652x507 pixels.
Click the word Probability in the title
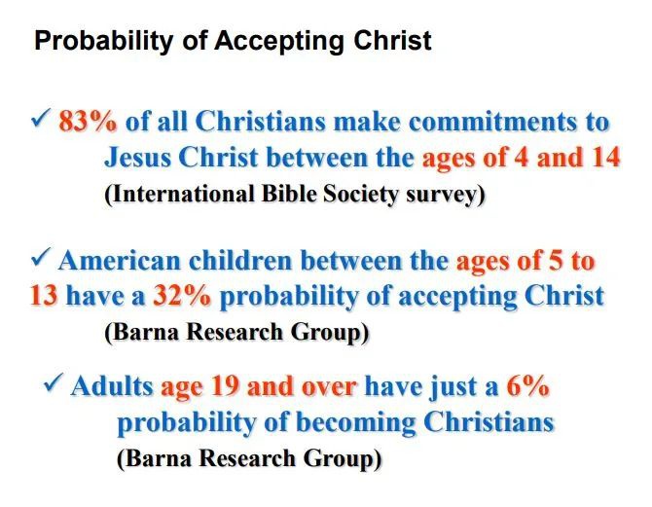tap(103, 41)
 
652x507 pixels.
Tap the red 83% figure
tap(88, 122)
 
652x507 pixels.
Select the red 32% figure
tap(182, 296)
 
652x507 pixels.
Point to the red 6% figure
tap(527, 386)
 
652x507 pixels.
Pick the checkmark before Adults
tap(54, 382)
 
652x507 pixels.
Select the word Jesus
tap(137, 158)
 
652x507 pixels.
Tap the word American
tap(120, 261)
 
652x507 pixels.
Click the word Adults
tap(112, 386)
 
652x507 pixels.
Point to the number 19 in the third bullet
tap(226, 386)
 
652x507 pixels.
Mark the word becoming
tap(355, 423)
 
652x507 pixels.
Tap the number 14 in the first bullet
tap(605, 158)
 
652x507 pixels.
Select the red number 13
tap(44, 296)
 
